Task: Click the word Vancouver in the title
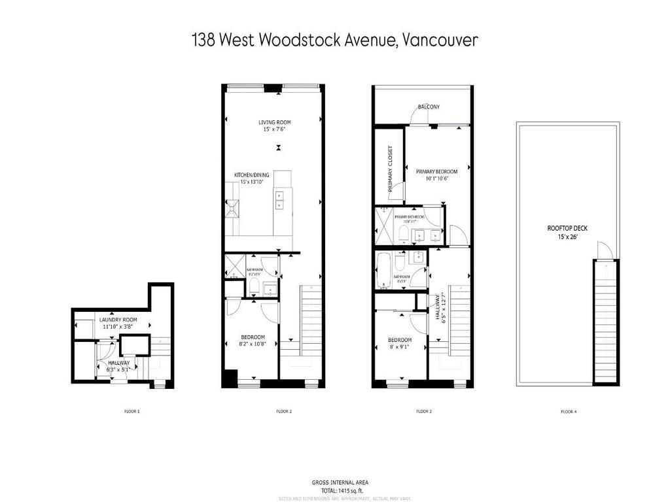tap(439, 40)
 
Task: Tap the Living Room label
tap(274, 122)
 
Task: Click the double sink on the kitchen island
tap(280, 200)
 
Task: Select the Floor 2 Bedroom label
tap(251, 337)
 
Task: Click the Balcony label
tap(429, 107)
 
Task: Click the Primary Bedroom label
tap(436, 171)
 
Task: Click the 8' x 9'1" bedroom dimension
tap(399, 348)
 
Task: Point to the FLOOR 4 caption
tap(569, 412)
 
